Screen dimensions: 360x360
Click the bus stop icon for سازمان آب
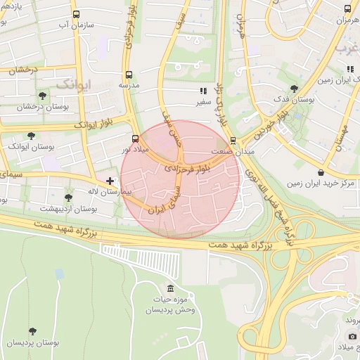76,14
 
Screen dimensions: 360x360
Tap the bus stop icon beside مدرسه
128,75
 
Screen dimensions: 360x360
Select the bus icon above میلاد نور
135,139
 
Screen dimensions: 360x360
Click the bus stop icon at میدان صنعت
233,140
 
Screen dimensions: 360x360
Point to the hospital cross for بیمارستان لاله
110,181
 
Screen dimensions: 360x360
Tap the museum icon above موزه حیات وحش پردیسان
170,288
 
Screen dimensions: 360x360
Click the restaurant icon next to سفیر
203,91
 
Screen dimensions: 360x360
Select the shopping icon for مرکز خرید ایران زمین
321,172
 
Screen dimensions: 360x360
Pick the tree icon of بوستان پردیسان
32,331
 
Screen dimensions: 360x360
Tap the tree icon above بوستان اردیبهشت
68,198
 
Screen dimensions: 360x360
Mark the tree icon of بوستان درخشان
42,95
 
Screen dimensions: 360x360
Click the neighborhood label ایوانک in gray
73,84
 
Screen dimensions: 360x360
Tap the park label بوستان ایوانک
28,146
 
